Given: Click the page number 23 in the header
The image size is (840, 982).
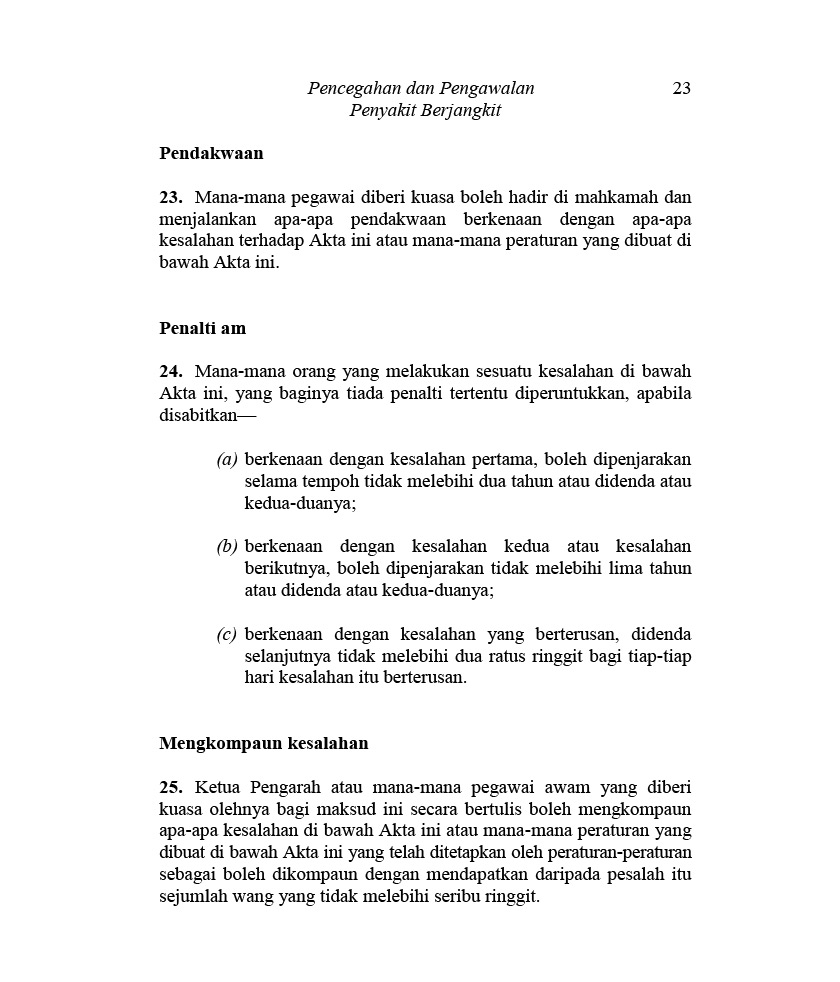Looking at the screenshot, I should pyautogui.click(x=681, y=88).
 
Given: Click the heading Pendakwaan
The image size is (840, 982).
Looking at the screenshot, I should pyautogui.click(x=211, y=154).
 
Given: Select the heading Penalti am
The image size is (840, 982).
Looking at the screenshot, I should pyautogui.click(x=202, y=328).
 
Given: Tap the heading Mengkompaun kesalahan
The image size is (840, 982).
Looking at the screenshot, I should pyautogui.click(x=264, y=743).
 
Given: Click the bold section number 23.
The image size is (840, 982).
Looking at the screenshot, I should pyautogui.click(x=170, y=197).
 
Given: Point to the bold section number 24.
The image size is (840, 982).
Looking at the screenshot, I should pyautogui.click(x=170, y=371).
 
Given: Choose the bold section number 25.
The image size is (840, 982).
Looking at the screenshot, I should pyautogui.click(x=170, y=787).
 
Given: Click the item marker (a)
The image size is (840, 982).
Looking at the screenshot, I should pyautogui.click(x=227, y=460).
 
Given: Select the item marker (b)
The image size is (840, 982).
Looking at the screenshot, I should pyautogui.click(x=227, y=547).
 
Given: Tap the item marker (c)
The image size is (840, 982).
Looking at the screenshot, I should pyautogui.click(x=227, y=635).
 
